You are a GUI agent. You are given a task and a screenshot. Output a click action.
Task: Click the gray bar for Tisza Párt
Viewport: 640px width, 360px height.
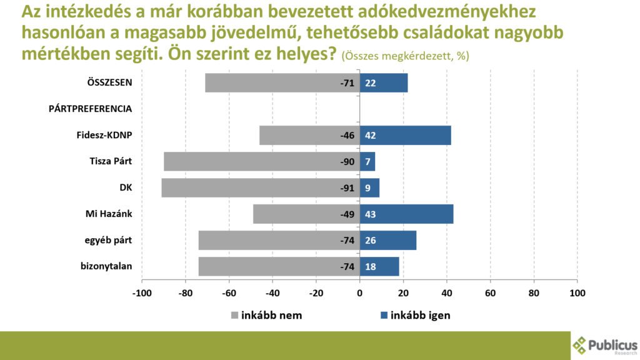click(x=262, y=162)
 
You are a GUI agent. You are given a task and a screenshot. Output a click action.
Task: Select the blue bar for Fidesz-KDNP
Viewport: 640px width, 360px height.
click(x=406, y=136)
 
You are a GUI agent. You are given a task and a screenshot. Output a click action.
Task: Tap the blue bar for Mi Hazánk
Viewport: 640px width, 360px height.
click(x=407, y=214)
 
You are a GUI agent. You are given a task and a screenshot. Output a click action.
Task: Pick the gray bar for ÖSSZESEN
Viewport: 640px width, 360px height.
click(x=282, y=83)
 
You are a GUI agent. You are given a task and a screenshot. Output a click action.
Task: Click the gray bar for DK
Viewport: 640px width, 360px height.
click(x=261, y=188)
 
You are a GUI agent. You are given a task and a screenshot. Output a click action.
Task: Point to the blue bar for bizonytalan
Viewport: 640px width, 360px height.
click(x=380, y=267)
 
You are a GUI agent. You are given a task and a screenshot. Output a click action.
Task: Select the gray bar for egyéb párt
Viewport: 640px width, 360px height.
click(x=279, y=241)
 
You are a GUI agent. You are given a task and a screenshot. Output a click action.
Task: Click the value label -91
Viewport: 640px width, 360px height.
click(x=347, y=188)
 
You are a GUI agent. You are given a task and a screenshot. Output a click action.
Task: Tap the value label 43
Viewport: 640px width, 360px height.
click(x=371, y=214)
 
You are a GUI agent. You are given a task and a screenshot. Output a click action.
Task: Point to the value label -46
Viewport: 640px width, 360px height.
click(x=347, y=136)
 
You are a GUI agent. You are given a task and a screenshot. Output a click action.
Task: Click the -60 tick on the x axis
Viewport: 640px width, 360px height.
click(x=229, y=292)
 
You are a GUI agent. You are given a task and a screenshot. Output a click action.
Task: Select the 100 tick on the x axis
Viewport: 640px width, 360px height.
click(x=577, y=292)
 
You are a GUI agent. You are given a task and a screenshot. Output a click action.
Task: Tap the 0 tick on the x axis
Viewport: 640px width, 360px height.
click(x=360, y=292)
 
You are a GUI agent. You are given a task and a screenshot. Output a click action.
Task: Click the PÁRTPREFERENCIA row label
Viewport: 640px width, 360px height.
click(x=90, y=109)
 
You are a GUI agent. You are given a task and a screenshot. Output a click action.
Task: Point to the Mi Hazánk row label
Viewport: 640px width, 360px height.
click(x=110, y=214)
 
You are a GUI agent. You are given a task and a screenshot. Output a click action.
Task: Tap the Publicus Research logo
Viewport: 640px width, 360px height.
click(x=604, y=345)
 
